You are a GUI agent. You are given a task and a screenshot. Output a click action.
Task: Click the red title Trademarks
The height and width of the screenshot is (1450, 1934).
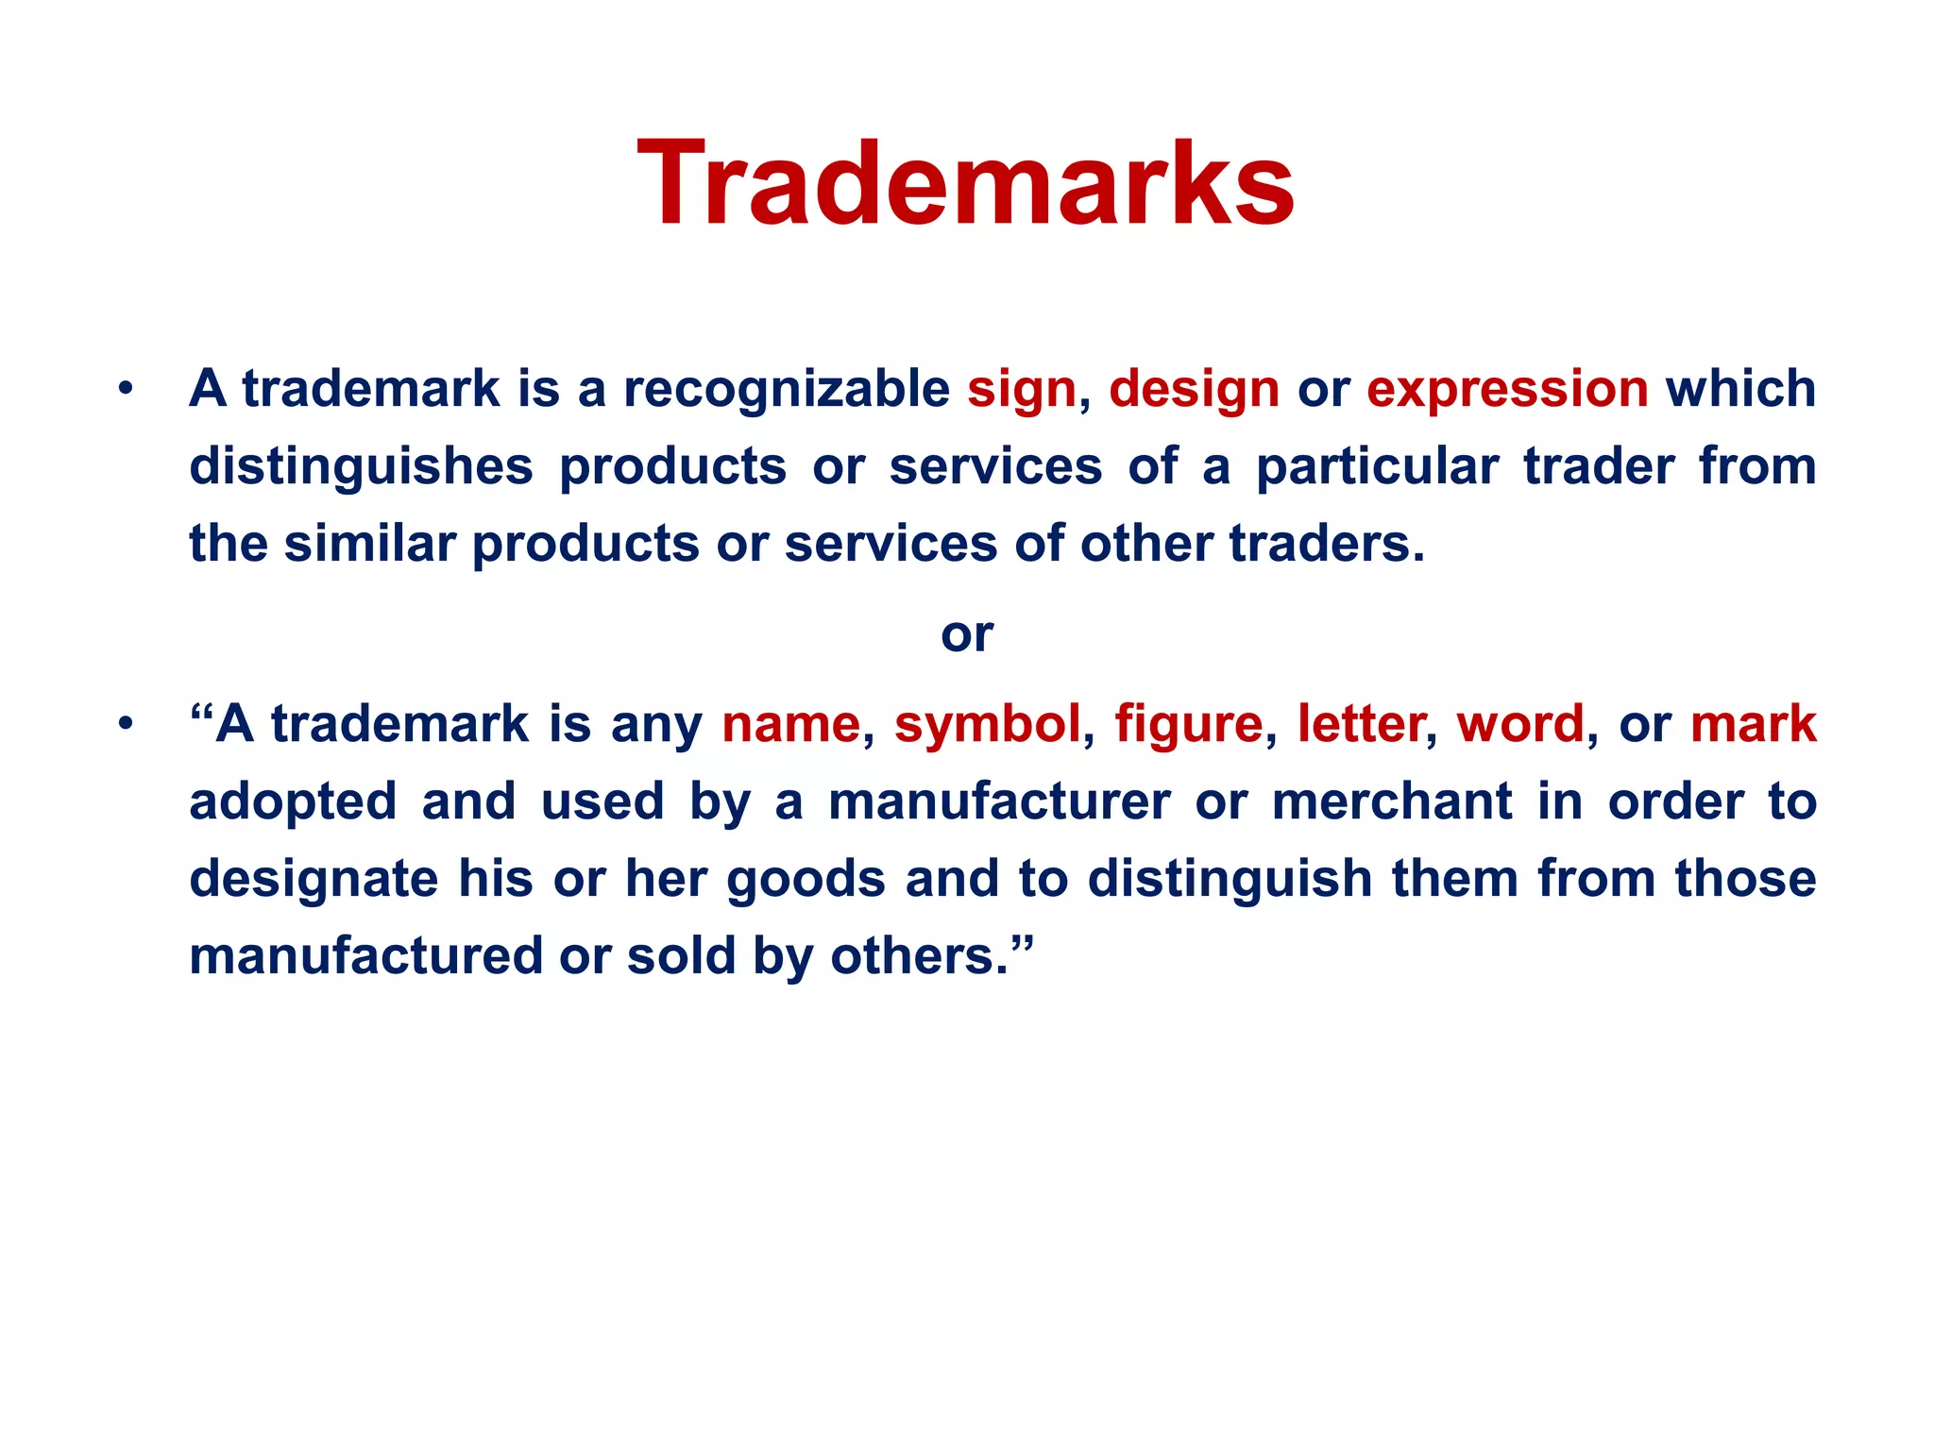pos(966,184)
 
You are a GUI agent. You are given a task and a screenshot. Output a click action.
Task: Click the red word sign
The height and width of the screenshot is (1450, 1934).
pos(1022,390)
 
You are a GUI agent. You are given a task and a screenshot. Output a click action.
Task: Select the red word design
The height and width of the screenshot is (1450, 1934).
pos(1194,390)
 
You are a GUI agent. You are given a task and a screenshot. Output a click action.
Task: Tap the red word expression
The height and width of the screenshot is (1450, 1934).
pos(1507,390)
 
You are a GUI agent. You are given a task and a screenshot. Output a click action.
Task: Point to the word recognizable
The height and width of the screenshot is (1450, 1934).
pos(786,390)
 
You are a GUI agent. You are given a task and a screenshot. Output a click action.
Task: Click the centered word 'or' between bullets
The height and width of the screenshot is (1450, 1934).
pos(966,634)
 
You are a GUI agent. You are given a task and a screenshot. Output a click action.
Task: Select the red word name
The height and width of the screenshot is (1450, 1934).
pos(790,725)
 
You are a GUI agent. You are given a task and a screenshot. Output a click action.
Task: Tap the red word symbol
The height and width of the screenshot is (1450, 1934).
pos(987,725)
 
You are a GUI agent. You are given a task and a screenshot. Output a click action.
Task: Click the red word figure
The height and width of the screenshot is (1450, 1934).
pos(1188,725)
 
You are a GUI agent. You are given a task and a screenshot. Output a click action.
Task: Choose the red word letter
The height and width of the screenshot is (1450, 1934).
pos(1361,725)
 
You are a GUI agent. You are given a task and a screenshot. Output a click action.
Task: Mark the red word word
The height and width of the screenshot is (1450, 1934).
pos(1519,725)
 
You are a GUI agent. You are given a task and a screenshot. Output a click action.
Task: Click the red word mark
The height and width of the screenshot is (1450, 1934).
pos(1753,725)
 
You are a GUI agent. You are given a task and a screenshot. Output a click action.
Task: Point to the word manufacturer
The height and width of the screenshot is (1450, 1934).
pos(999,802)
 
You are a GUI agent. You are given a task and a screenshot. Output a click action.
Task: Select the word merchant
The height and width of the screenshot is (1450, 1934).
pos(1392,802)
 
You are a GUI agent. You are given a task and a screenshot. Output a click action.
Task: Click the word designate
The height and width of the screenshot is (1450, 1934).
pos(314,880)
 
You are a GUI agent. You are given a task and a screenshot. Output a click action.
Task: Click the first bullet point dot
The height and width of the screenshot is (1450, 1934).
pos(125,389)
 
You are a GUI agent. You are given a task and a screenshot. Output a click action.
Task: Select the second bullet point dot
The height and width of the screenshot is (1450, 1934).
pos(125,724)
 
